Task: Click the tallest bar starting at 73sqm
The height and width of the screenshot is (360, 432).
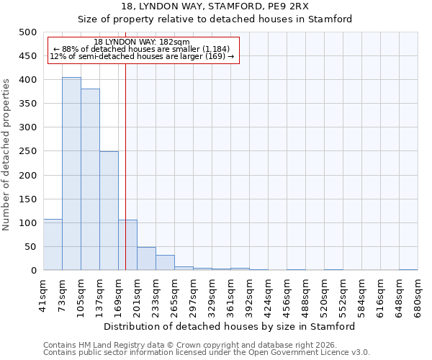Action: (x=71, y=174)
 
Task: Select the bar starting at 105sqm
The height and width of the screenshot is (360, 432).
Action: (x=90, y=179)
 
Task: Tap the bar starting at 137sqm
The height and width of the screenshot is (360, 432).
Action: (x=109, y=211)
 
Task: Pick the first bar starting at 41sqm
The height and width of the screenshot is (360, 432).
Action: (x=53, y=245)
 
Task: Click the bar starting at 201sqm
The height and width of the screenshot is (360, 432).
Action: (x=146, y=258)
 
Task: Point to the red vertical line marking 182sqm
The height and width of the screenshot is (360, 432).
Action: (x=126, y=166)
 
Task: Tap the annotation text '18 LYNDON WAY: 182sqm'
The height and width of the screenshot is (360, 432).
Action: (x=142, y=42)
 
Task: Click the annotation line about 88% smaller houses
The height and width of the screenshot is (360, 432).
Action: (x=142, y=49)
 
